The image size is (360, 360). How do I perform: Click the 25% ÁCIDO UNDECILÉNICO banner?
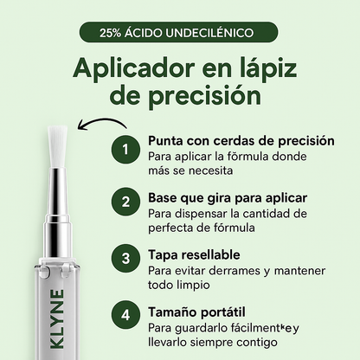point(180,33)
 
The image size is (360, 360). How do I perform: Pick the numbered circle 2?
point(125,202)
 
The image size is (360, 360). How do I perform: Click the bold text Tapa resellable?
point(193,254)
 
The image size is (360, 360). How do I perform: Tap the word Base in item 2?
point(163,197)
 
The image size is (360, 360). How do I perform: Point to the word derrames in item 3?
point(226,269)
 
